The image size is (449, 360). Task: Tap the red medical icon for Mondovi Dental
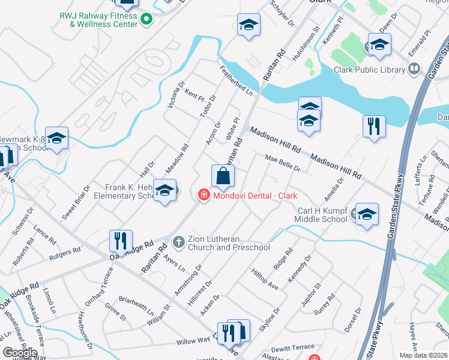pyautogui.click(x=203, y=195)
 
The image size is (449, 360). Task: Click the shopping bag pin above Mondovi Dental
pyautogui.click(x=223, y=176)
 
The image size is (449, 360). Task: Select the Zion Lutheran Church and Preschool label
pyautogui.click(x=229, y=243)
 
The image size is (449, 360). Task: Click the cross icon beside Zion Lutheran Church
pyautogui.click(x=178, y=242)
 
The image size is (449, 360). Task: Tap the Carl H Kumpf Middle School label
pyautogui.click(x=322, y=215)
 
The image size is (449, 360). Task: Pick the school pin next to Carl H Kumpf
pyautogui.click(x=367, y=214)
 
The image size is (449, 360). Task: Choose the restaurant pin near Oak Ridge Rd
pyautogui.click(x=121, y=242)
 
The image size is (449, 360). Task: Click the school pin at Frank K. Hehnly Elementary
pyautogui.click(x=164, y=191)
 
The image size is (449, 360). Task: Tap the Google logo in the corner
pyautogui.click(x=20, y=353)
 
